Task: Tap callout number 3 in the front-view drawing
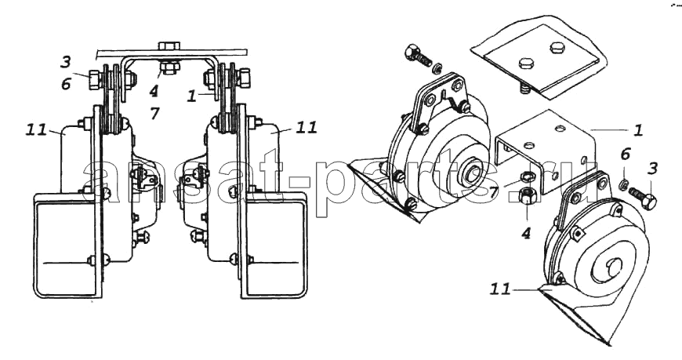coord(66,62)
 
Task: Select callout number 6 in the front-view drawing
coord(66,84)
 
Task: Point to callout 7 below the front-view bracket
coord(155,114)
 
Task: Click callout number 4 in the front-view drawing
coord(154,92)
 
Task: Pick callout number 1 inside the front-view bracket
coord(192,96)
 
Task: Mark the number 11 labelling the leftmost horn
coord(36,129)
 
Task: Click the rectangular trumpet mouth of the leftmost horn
coord(64,245)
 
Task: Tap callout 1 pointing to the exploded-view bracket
coord(637,131)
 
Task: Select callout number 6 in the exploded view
coord(626,154)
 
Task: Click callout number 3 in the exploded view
coord(652,169)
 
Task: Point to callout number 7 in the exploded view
coord(494,192)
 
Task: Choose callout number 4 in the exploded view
coord(526,233)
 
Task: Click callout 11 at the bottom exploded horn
coord(500,289)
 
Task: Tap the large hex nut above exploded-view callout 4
coord(527,196)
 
